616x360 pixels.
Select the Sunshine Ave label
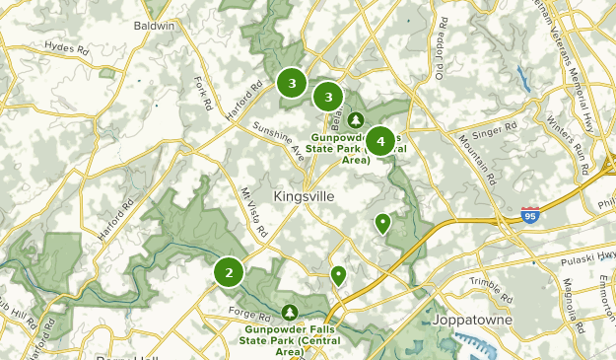pos(279,141)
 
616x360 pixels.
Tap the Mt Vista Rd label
pos(253,213)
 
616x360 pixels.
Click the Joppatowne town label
pos(468,321)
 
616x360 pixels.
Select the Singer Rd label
pos(497,129)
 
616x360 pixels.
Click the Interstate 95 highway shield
pos(530,213)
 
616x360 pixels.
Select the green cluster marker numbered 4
pos(380,142)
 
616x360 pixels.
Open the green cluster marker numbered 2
pos(229,272)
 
